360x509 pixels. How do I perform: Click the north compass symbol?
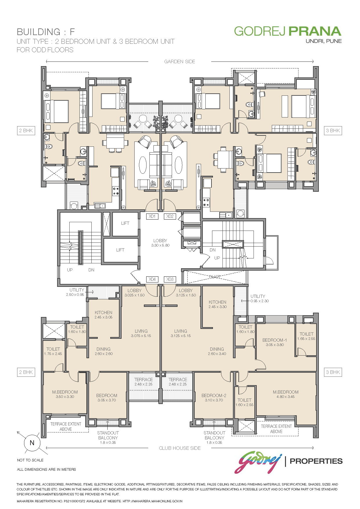(32, 443)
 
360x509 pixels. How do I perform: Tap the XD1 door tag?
(152, 216)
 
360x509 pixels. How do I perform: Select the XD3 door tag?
(170, 279)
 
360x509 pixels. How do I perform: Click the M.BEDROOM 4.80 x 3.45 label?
(285, 394)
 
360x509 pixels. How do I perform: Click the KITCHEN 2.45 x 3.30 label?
(218, 304)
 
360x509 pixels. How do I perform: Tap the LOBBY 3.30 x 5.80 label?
(160, 243)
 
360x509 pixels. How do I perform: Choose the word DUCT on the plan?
(215, 277)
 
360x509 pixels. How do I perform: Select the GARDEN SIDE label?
(180, 61)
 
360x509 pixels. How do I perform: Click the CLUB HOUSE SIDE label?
(180, 448)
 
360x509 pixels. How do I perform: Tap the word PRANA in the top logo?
(315, 31)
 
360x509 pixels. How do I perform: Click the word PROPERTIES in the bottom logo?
(316, 461)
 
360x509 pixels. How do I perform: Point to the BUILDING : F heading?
(46, 32)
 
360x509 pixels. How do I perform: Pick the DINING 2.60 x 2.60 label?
(104, 351)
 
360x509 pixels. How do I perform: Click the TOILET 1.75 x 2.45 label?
(53, 351)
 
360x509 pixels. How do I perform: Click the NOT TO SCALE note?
(30, 460)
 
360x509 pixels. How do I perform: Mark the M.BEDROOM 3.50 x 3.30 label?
(65, 394)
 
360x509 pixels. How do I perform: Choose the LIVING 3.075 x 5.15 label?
(141, 333)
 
